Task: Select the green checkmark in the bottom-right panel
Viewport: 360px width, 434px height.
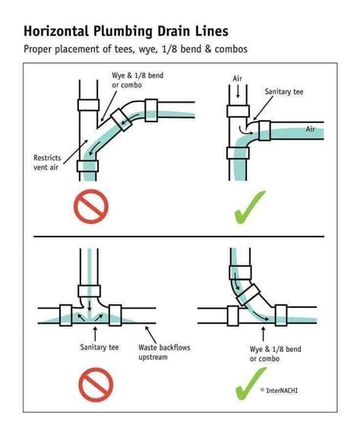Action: pos(250,383)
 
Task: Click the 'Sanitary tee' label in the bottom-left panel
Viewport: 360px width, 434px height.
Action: pos(98,347)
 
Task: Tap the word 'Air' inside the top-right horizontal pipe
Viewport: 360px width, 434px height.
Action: pos(310,129)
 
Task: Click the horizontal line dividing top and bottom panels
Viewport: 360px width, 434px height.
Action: pos(179,236)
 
